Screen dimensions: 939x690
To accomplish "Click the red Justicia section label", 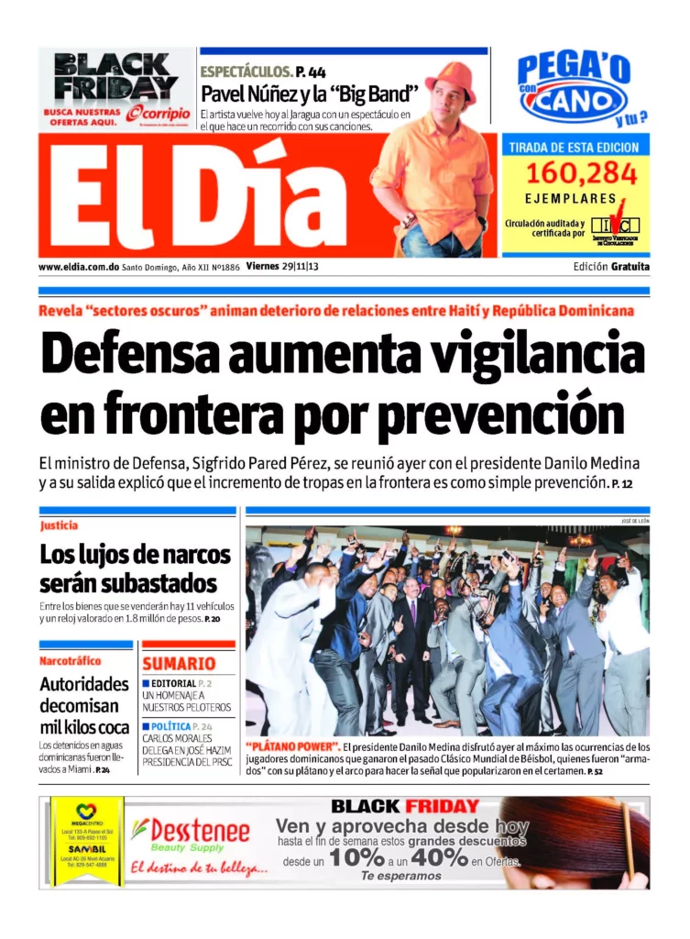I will click(x=59, y=525).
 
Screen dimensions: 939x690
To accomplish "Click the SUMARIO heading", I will click(x=179, y=663).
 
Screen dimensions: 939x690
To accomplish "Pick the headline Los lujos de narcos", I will click(x=135, y=555).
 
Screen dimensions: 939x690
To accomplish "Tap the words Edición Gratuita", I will click(x=610, y=267).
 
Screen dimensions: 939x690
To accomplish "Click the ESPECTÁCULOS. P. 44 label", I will click(x=263, y=71).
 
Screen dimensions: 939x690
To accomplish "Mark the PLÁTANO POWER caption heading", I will click(x=293, y=747).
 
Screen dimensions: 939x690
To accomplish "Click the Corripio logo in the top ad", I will click(x=159, y=113).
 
